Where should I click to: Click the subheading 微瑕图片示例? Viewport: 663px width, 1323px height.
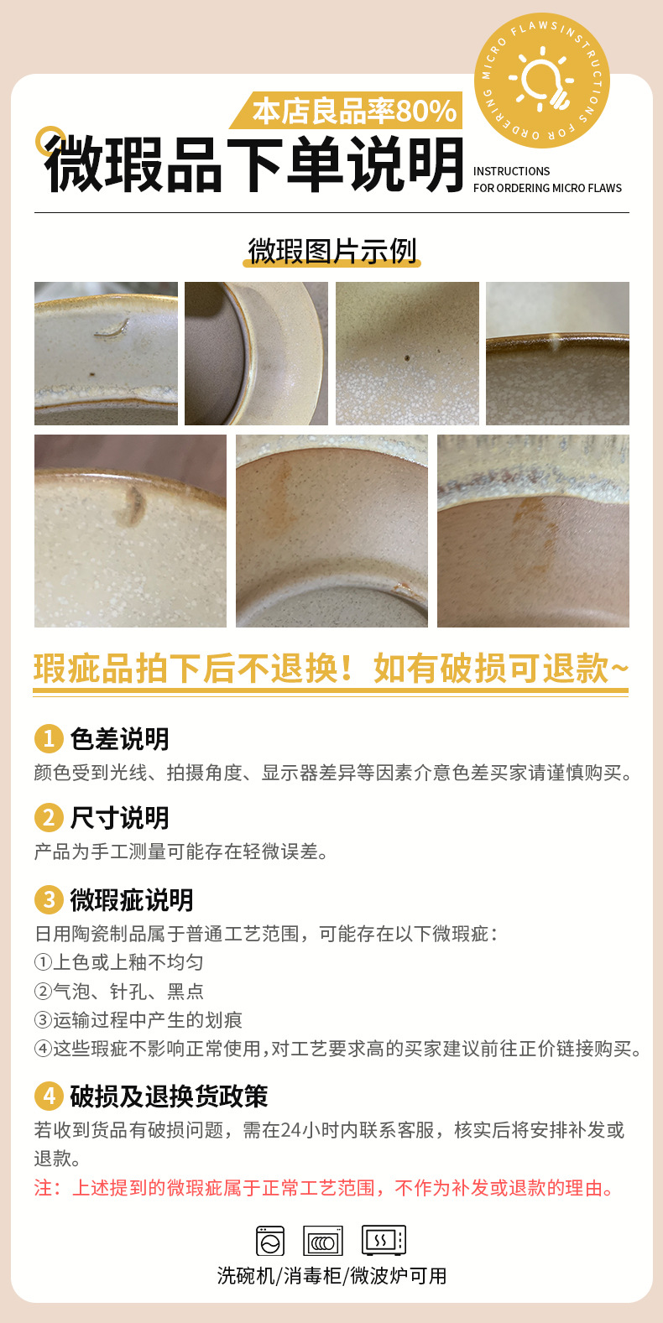pyautogui.click(x=332, y=251)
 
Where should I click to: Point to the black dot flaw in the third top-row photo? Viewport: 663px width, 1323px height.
pyautogui.click(x=407, y=358)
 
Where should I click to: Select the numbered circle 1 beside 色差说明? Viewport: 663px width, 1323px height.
pyautogui.click(x=49, y=739)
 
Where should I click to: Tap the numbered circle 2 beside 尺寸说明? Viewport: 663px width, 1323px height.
pyautogui.click(x=49, y=818)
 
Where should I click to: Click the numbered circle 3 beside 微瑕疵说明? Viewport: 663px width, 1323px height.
pyautogui.click(x=49, y=899)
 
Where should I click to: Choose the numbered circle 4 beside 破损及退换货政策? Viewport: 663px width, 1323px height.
pyautogui.click(x=49, y=1096)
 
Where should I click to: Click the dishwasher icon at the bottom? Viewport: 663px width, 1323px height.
pyautogui.click(x=270, y=1240)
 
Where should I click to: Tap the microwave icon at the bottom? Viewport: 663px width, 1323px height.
pyautogui.click(x=384, y=1240)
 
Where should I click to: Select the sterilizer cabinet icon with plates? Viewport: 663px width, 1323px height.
pyautogui.click(x=322, y=1240)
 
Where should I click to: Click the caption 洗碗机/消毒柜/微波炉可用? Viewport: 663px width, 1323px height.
pyautogui.click(x=331, y=1276)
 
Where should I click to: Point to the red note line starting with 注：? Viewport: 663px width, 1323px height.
pyautogui.click(x=324, y=1188)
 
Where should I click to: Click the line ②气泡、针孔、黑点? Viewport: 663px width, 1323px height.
pyautogui.click(x=119, y=991)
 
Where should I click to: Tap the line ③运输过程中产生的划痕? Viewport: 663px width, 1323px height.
pyautogui.click(x=138, y=1020)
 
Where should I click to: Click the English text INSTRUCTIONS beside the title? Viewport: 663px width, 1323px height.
pyautogui.click(x=512, y=171)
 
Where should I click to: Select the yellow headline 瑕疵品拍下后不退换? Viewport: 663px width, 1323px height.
pyautogui.click(x=194, y=669)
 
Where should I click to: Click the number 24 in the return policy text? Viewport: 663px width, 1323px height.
pyautogui.click(x=290, y=1130)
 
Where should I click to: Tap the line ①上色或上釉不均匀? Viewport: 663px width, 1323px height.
pyautogui.click(x=119, y=962)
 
